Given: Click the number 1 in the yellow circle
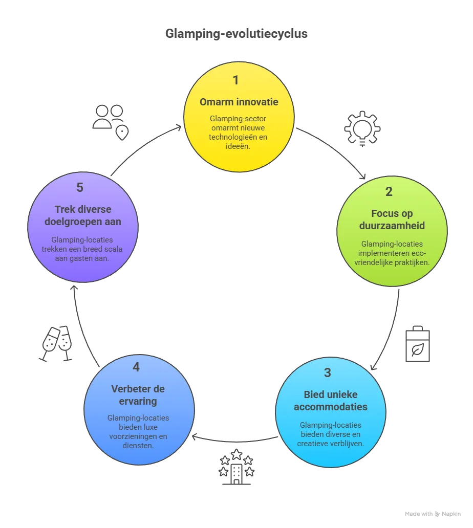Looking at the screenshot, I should (x=235, y=80).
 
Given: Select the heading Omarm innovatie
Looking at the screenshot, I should (x=239, y=102).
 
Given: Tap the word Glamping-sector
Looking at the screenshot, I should (x=238, y=119).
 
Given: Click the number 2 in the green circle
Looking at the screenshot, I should (x=389, y=192).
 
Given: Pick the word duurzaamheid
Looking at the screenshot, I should (x=392, y=226).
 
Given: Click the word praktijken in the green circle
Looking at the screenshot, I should (x=408, y=262).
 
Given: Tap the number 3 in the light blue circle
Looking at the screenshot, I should (x=328, y=373).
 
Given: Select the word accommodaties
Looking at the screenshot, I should (x=331, y=407).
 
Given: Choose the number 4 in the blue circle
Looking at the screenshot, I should (x=136, y=367).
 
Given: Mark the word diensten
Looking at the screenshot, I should (x=138, y=446).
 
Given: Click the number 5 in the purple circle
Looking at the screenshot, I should (x=80, y=188).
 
